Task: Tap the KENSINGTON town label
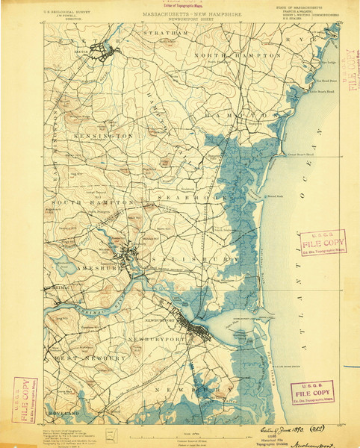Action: (103, 137)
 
